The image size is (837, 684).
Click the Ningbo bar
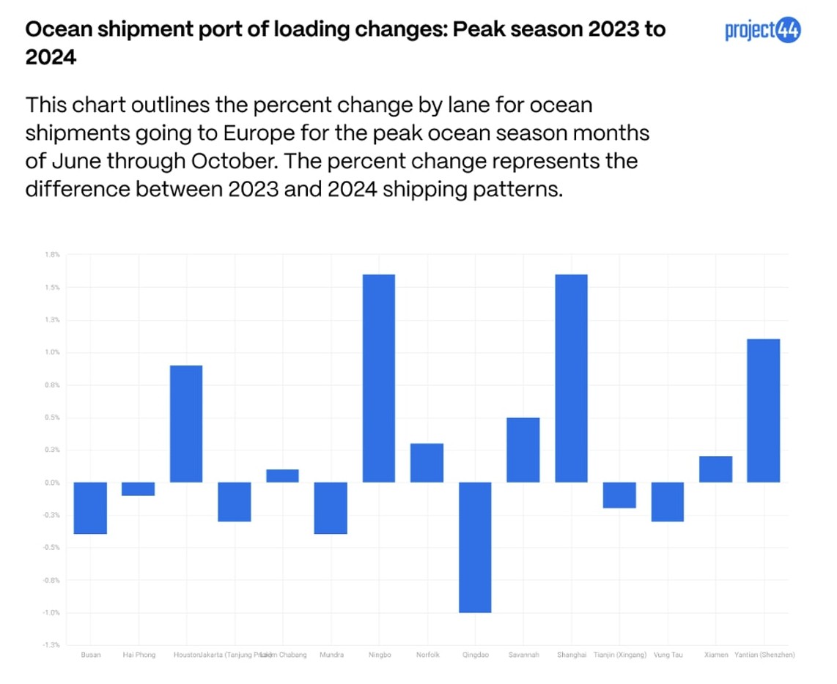coord(379,378)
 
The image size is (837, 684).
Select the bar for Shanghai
coord(571,378)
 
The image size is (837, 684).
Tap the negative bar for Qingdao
coord(475,547)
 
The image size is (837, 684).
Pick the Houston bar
coord(186,423)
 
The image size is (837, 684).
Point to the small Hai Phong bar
coord(138,488)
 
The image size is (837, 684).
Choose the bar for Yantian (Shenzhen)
coord(763,410)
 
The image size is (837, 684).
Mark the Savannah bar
coord(523,450)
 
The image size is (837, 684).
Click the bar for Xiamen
coord(715,469)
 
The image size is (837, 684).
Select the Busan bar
coord(91,508)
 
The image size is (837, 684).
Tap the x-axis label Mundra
coord(331,655)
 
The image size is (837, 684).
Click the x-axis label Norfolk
coord(427,655)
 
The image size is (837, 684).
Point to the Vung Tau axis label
coord(668,655)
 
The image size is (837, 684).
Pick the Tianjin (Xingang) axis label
coord(619,655)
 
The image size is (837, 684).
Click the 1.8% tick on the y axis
coord(51,255)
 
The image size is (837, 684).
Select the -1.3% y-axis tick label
coord(51,645)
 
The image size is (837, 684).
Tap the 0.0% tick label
coord(51,483)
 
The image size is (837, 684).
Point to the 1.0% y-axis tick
coord(51,352)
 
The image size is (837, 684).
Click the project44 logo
coord(762,31)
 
